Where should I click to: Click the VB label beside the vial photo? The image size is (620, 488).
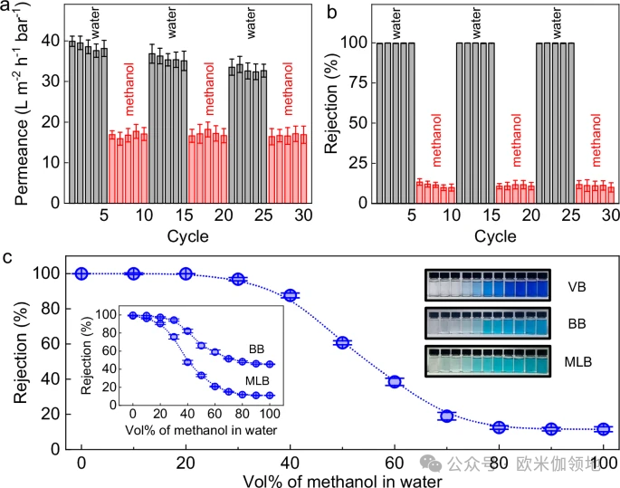click(x=577, y=289)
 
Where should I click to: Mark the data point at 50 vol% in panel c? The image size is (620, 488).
click(x=342, y=342)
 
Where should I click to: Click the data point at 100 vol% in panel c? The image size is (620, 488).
click(x=603, y=429)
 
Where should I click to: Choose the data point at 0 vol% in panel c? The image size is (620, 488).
click(x=81, y=273)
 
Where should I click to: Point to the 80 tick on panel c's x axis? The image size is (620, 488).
click(x=499, y=464)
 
